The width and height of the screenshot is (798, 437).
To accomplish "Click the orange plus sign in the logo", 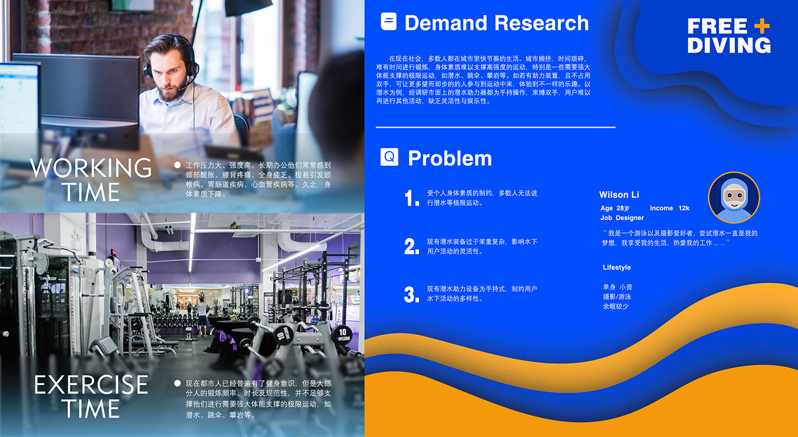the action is click(x=762, y=26).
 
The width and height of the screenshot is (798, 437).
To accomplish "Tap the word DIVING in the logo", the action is click(x=729, y=45).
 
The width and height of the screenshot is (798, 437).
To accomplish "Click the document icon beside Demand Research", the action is click(x=389, y=22).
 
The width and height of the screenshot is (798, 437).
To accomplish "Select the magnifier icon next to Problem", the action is click(x=389, y=157).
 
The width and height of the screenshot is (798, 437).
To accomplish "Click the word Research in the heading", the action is click(x=541, y=23).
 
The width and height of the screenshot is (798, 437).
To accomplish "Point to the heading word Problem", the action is click(x=450, y=158).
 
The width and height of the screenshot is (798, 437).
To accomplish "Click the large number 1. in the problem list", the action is click(x=412, y=198).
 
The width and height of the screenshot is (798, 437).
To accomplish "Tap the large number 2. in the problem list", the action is click(x=412, y=246).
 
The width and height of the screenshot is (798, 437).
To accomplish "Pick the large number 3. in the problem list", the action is click(x=412, y=295).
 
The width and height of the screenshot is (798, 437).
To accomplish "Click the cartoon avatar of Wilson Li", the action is click(x=734, y=198).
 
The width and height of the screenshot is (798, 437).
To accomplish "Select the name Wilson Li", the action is click(x=619, y=195).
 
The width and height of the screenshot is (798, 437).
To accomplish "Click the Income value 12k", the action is click(x=684, y=209).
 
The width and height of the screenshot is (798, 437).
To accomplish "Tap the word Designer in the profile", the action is click(x=630, y=218).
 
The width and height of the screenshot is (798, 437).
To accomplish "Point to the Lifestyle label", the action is click(x=617, y=267).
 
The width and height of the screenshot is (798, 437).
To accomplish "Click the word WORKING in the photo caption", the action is click(x=91, y=168).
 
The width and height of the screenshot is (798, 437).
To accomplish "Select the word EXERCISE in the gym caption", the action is click(x=91, y=385).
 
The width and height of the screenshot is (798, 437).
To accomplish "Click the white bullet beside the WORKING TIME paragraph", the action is click(x=177, y=165).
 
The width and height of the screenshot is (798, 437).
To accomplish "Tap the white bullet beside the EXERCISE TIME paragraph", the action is click(x=177, y=383).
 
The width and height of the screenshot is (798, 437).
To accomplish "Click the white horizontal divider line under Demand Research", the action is click(x=495, y=127).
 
